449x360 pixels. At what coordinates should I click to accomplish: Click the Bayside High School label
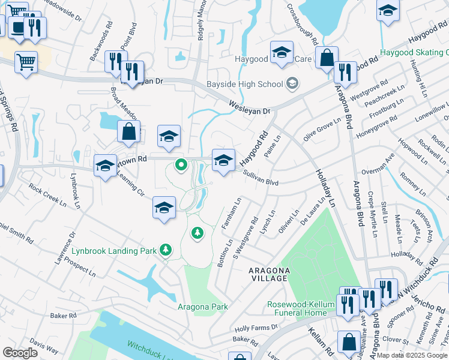[244, 84]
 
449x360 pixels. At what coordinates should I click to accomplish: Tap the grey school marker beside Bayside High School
[292, 83]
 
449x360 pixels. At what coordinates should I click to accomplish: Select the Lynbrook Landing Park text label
[115, 250]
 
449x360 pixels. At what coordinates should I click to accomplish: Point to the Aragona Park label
[203, 307]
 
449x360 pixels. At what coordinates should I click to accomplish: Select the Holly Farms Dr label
[257, 328]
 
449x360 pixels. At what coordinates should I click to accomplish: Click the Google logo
[20, 352]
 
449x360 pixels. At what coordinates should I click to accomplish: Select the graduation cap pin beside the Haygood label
[281, 53]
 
